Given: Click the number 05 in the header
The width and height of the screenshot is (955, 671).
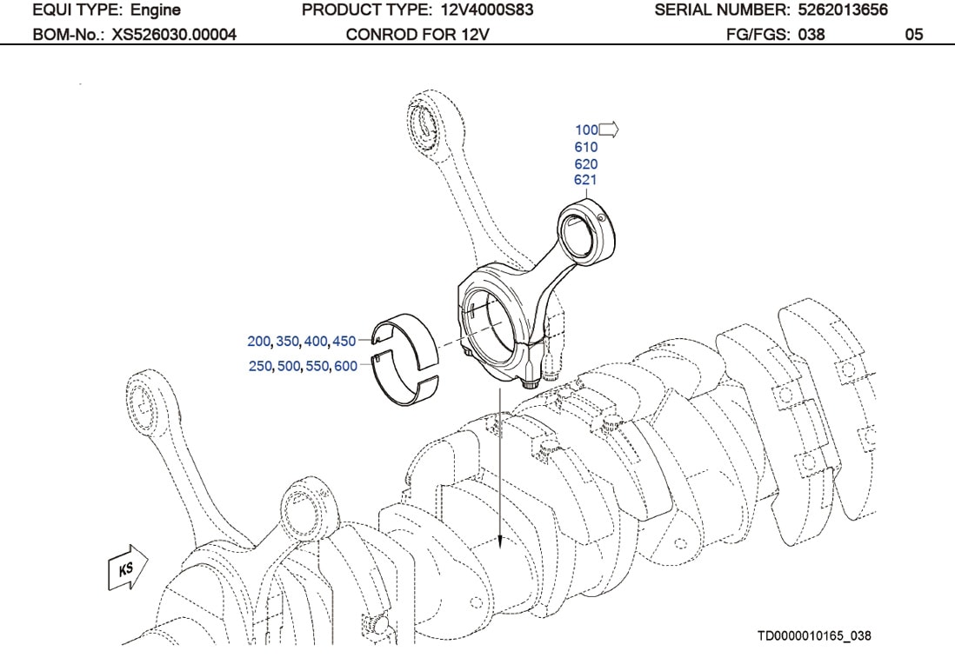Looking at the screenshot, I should (913, 36).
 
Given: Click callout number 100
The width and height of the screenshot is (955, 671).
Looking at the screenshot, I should (585, 130).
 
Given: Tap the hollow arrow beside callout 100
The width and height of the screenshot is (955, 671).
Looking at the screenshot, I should (608, 130).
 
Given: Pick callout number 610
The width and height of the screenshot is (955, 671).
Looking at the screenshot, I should (585, 147).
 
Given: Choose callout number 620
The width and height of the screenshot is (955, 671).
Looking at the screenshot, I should (585, 163).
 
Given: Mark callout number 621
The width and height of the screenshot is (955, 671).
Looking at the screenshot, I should (585, 180).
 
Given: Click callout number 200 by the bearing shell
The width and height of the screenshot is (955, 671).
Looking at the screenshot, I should (259, 342).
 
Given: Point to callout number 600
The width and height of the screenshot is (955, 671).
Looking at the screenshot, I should (345, 366).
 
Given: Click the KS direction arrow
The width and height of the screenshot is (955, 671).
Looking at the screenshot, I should (127, 568).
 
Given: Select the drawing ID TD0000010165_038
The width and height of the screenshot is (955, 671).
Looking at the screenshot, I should (814, 636).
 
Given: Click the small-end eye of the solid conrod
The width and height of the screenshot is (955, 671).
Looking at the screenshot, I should (586, 229).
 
